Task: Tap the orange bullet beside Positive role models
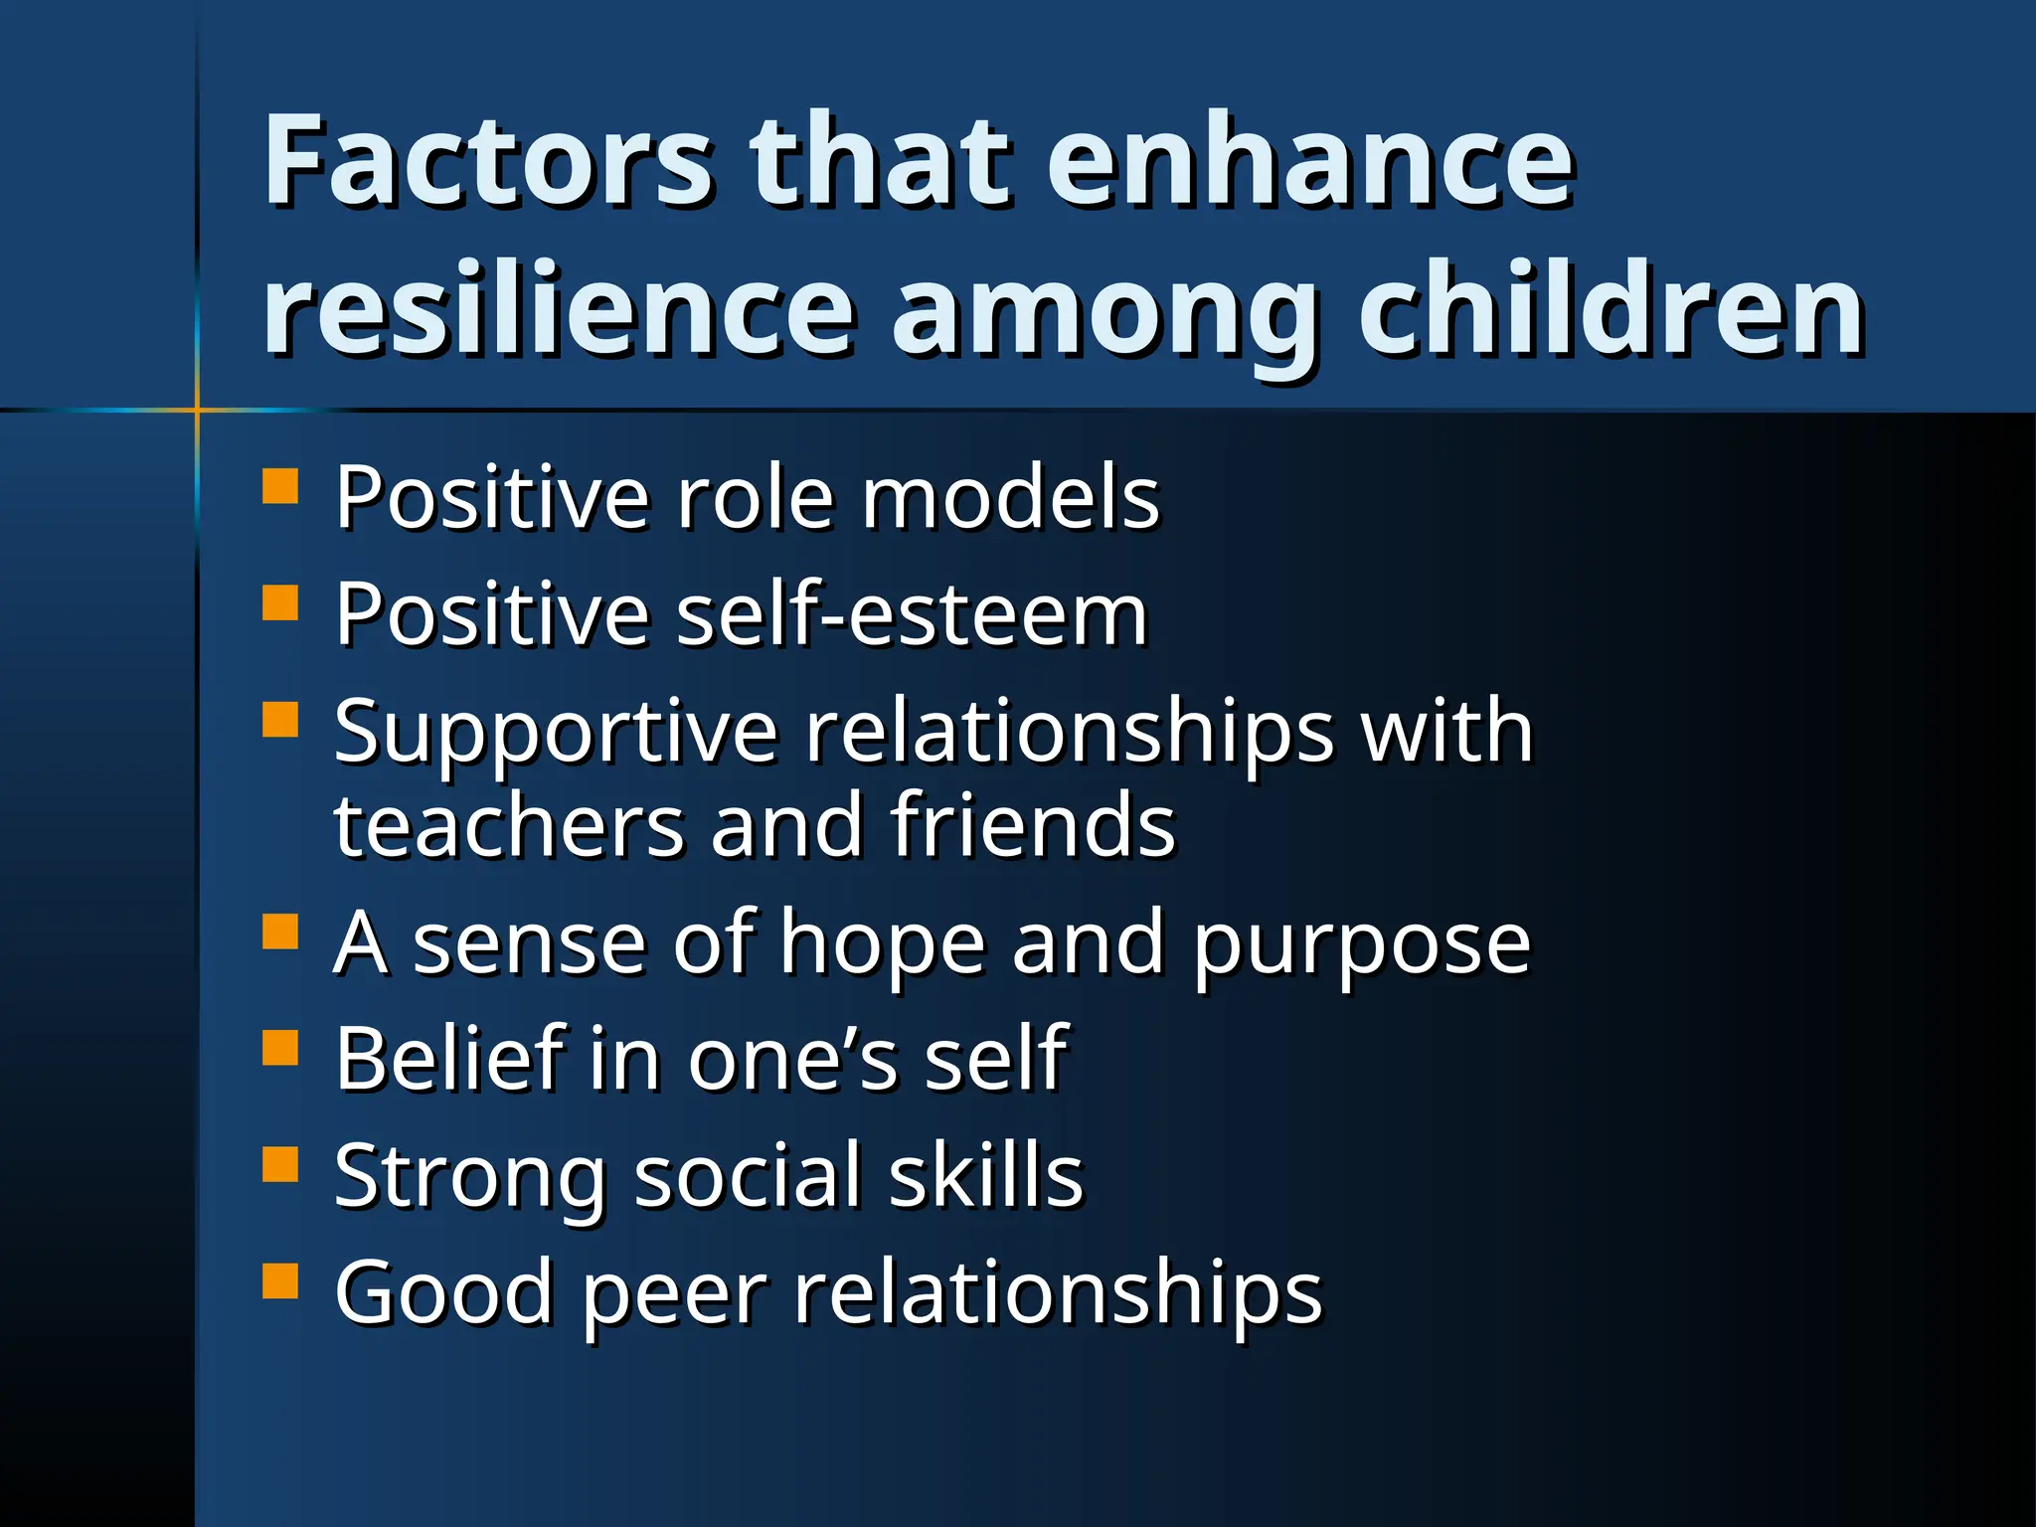[x=280, y=487]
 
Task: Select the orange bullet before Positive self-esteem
[x=280, y=602]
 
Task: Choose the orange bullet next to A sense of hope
[x=280, y=932]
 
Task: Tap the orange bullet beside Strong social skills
[x=280, y=1164]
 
